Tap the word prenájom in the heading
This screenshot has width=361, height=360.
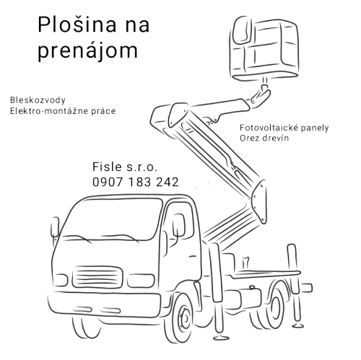pos(88,51)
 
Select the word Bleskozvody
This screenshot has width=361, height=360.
pos(38,100)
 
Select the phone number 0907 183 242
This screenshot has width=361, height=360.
pos(136,182)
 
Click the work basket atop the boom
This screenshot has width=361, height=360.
pos(264,48)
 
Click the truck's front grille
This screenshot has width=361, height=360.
pos(97,277)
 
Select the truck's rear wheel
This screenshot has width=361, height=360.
pos(274,305)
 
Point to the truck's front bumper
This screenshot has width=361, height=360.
pos(104,305)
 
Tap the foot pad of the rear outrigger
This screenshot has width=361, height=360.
pos(297,326)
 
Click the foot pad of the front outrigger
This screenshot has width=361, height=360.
pos(221,337)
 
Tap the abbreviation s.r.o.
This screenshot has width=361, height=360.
pos(142,167)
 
